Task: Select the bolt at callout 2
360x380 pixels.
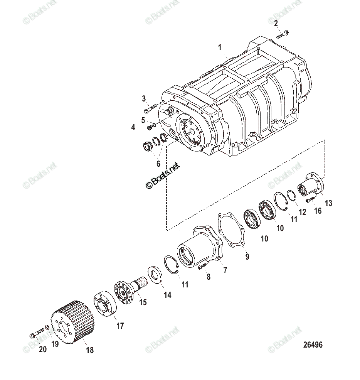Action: pyautogui.click(x=283, y=34)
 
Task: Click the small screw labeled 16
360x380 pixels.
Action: pyautogui.click(x=311, y=201)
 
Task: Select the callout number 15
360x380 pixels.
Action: pyautogui.click(x=143, y=302)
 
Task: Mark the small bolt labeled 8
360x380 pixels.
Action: pyautogui.click(x=202, y=266)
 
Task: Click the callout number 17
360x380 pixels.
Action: pyautogui.click(x=120, y=326)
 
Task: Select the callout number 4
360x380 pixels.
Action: pyautogui.click(x=133, y=127)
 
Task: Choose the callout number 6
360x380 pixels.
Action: pyautogui.click(x=158, y=163)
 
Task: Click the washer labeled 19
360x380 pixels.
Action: pyautogui.click(x=47, y=328)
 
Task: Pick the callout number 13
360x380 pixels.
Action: pyautogui.click(x=328, y=203)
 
